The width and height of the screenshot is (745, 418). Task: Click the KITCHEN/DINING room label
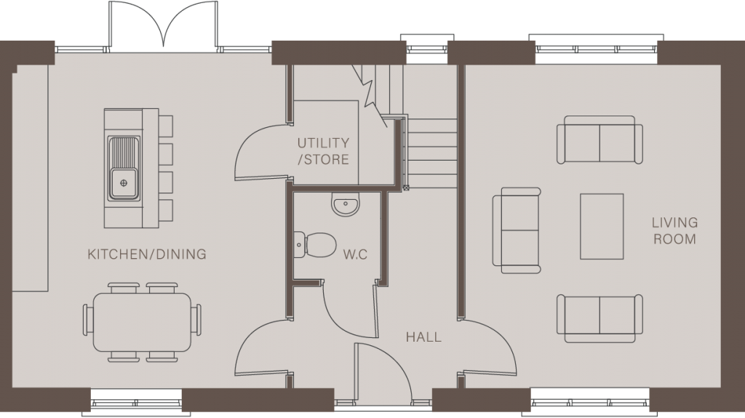(x=146, y=254)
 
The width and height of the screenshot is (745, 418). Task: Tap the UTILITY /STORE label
(x=322, y=151)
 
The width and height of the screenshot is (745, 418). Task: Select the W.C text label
(x=354, y=255)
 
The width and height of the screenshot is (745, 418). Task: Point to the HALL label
(x=423, y=337)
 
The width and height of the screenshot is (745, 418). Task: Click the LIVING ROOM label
(x=674, y=230)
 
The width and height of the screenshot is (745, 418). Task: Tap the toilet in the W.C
(x=314, y=244)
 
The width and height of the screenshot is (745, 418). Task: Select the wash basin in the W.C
(x=345, y=204)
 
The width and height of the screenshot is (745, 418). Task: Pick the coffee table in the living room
(x=601, y=226)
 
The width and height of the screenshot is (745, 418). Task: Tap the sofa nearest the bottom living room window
(x=599, y=318)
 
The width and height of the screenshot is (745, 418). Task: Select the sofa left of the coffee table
(x=517, y=230)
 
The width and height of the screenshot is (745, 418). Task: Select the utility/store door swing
(x=258, y=153)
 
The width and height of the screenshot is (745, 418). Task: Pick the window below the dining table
(x=135, y=400)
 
